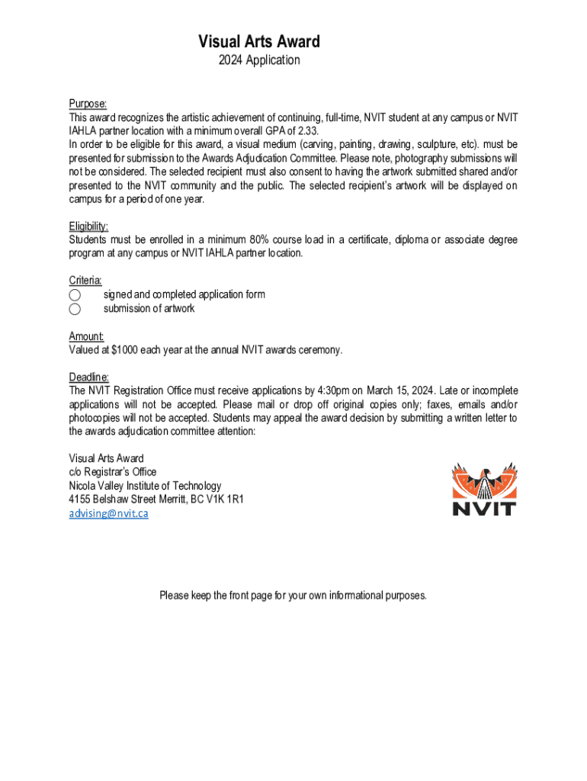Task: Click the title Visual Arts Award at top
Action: tap(259, 41)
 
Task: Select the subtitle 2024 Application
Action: tap(259, 60)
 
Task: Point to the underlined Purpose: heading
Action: tap(88, 104)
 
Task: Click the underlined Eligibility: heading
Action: tap(88, 227)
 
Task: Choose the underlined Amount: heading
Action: tap(86, 336)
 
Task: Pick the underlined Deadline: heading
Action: tap(89, 378)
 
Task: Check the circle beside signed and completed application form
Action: tap(75, 295)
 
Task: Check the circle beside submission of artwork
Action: tap(75, 309)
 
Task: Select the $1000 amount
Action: tap(124, 350)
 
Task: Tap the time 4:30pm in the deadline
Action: tap(332, 391)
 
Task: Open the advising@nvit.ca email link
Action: tap(108, 513)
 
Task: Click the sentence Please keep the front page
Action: tap(293, 595)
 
